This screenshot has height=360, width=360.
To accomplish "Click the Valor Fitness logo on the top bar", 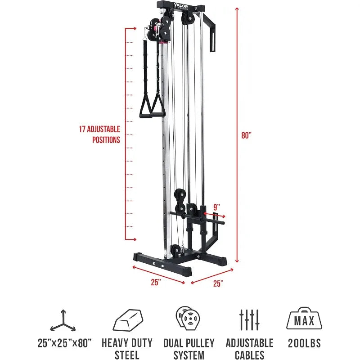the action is [x=181, y=6].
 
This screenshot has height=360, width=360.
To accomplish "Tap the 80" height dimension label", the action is [x=246, y=135].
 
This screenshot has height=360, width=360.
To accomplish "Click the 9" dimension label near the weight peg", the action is [x=216, y=207].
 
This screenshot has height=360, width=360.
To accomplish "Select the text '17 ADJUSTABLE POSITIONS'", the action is [x=99, y=135].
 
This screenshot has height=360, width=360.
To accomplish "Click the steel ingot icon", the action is [x=128, y=320].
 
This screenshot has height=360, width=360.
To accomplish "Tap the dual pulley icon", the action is [x=188, y=319].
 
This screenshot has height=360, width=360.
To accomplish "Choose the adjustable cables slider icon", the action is [x=249, y=320].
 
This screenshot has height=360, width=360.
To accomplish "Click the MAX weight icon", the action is [x=304, y=319].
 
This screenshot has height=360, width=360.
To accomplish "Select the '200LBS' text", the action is [x=304, y=343].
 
